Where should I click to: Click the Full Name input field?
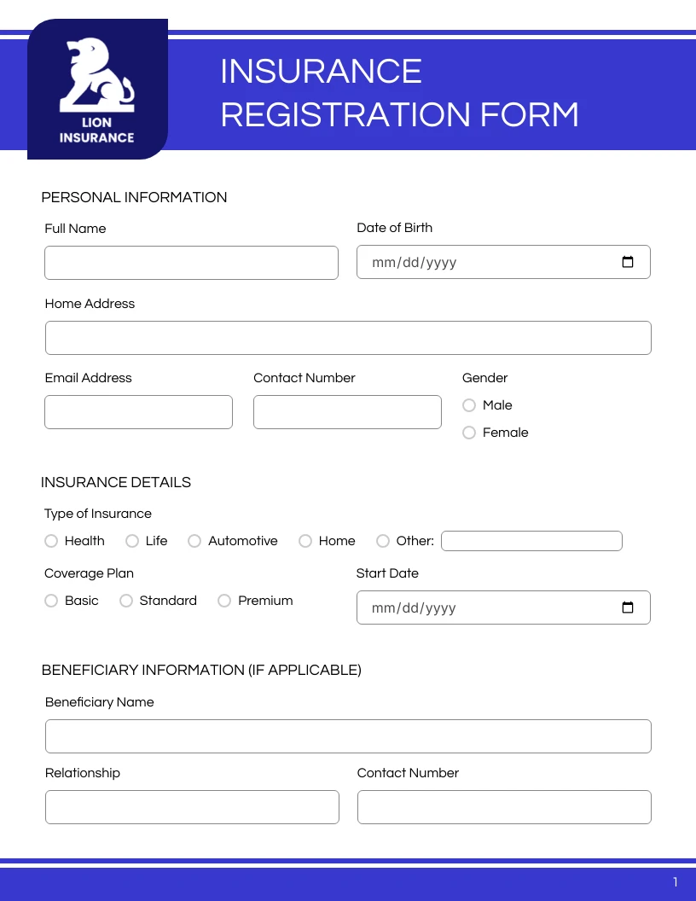pyautogui.click(x=191, y=263)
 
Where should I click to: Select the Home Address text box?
pyautogui.click(x=348, y=338)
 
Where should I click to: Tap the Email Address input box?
pyautogui.click(x=138, y=412)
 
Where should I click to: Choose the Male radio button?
pyautogui.click(x=469, y=405)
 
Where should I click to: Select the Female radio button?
pyautogui.click(x=469, y=433)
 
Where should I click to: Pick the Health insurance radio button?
pyautogui.click(x=51, y=541)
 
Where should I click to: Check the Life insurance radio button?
pyautogui.click(x=132, y=541)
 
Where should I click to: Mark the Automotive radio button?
pyautogui.click(x=194, y=541)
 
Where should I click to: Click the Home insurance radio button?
pyautogui.click(x=305, y=541)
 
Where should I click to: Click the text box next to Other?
pyautogui.click(x=531, y=541)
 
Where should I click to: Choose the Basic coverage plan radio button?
pyautogui.click(x=51, y=601)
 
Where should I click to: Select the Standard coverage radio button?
pyautogui.click(x=126, y=601)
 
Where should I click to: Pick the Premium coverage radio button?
pyautogui.click(x=224, y=601)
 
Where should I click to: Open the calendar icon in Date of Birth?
pyautogui.click(x=628, y=262)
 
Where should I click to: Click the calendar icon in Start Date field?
pyautogui.click(x=628, y=607)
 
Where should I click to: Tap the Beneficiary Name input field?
pyautogui.click(x=348, y=736)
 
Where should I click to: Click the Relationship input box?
pyautogui.click(x=192, y=807)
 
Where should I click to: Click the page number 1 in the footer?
pyautogui.click(x=676, y=882)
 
